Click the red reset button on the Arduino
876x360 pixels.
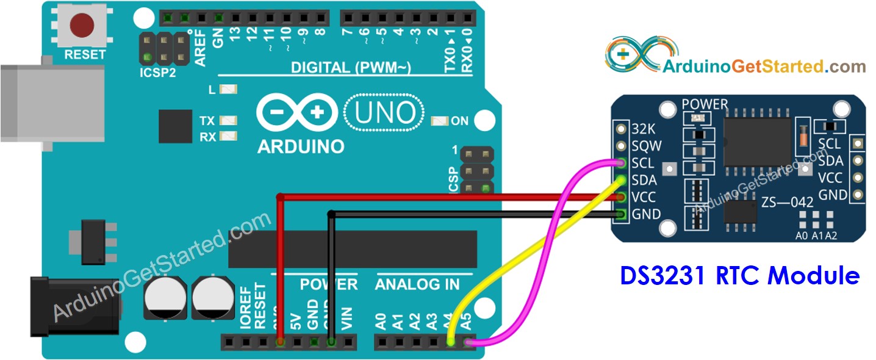(82, 25)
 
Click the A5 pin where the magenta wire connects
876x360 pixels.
(468, 343)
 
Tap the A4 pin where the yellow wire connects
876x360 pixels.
(451, 343)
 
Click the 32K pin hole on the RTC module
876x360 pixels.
(621, 129)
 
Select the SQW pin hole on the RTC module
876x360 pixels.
(621, 146)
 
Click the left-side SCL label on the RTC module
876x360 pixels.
(642, 164)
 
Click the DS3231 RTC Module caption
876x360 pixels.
(739, 275)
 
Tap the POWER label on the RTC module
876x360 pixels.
(705, 104)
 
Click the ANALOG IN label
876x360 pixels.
(417, 285)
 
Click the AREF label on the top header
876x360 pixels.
(200, 48)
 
